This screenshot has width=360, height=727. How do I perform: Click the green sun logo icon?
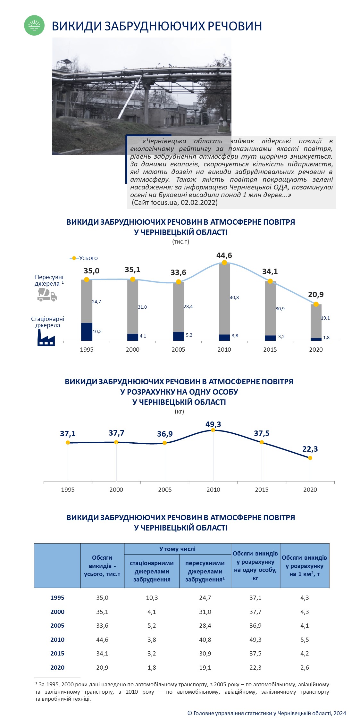[x=34, y=25]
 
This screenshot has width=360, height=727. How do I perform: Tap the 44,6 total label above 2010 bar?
[x=224, y=255]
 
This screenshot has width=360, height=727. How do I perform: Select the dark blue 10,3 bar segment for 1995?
[x=87, y=332]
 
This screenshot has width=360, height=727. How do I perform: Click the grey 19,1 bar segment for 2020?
[x=316, y=321]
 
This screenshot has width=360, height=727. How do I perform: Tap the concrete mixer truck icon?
[x=47, y=295]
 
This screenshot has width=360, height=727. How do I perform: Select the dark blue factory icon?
[x=46, y=338]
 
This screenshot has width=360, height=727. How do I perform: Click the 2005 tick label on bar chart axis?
[x=178, y=350]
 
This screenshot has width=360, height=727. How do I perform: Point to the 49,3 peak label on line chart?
[x=213, y=424]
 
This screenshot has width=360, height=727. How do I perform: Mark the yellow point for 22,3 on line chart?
[x=310, y=458]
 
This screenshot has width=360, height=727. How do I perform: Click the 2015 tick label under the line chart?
[x=262, y=490]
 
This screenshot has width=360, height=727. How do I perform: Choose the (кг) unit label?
[x=180, y=411]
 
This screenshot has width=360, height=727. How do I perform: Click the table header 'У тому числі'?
[x=177, y=549]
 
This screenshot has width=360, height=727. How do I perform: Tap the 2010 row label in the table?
[x=57, y=639]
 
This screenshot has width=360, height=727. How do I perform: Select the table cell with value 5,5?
[x=305, y=639]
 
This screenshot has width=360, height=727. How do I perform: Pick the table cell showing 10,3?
[x=152, y=598]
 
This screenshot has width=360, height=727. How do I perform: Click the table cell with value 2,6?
[x=305, y=668]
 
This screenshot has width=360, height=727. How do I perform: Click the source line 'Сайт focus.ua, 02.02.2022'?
[x=175, y=203]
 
